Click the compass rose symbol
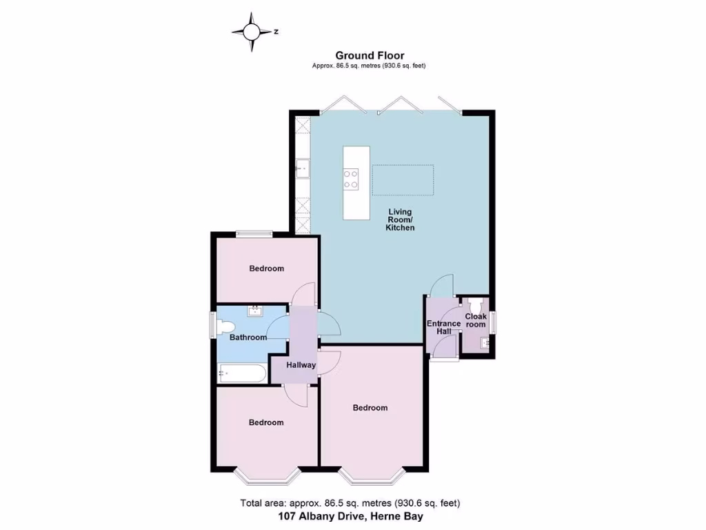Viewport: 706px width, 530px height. pyautogui.click(x=252, y=32)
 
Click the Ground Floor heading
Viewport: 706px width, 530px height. pyautogui.click(x=370, y=55)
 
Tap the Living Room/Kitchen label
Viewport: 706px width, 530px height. pyautogui.click(x=400, y=219)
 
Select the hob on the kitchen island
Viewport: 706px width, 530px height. pyautogui.click(x=351, y=179)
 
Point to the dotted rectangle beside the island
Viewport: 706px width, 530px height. pyautogui.click(x=403, y=181)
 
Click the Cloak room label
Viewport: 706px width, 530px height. pyautogui.click(x=476, y=320)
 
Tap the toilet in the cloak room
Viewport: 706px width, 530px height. pyautogui.click(x=474, y=304)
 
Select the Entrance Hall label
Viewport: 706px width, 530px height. pyautogui.click(x=443, y=327)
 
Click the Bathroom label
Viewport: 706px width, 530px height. pyautogui.click(x=248, y=337)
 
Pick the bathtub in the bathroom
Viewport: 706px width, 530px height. pyautogui.click(x=242, y=374)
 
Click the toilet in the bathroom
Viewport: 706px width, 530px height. pyautogui.click(x=226, y=326)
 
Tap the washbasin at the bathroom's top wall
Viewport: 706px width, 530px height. pyautogui.click(x=256, y=310)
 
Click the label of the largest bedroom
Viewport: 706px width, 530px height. pyautogui.click(x=370, y=408)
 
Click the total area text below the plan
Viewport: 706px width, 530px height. pyautogui.click(x=350, y=502)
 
